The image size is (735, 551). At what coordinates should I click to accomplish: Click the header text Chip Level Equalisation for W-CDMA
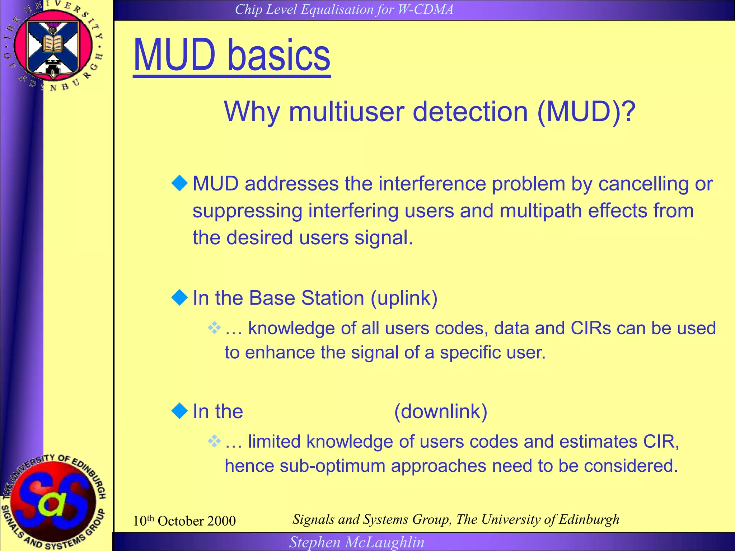pos(344,10)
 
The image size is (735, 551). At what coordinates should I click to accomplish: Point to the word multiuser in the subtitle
pos(348,112)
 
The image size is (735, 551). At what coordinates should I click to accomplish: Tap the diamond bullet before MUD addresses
pos(180,183)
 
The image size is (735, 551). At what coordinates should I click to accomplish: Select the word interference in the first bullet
pos(432,184)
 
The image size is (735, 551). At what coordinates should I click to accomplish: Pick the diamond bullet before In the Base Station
pos(180,297)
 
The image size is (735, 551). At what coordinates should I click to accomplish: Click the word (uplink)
pos(404,298)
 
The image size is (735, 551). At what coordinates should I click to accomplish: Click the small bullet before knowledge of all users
pos(214,328)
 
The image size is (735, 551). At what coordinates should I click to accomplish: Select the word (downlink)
pos(441,411)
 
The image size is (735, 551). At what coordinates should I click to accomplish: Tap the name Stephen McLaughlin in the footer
pos(357,542)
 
